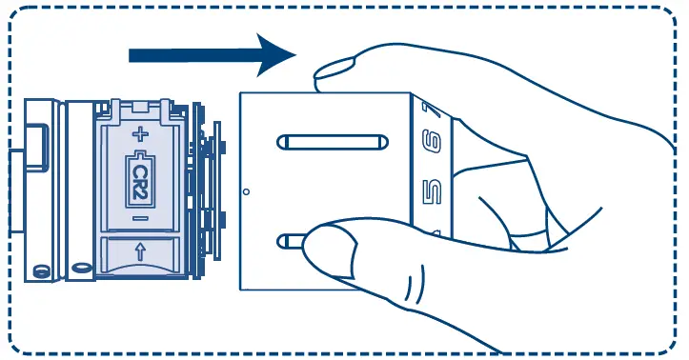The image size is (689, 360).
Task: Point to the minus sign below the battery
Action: coord(139,219)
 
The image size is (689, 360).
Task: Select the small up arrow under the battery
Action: coord(139,252)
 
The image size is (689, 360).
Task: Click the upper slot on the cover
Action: coord(331,143)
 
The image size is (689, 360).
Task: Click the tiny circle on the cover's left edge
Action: coord(246,191)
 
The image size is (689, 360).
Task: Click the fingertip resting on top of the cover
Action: coord(334,69)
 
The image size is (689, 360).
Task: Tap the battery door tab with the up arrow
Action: coord(139,254)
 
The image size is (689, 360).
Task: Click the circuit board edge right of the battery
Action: coord(206,190)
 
